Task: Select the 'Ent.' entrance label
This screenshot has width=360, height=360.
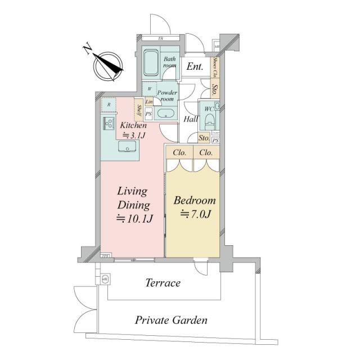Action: (x=195, y=66)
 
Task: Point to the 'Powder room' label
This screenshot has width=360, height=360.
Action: (x=167, y=96)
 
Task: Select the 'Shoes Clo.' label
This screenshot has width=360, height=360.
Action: (x=216, y=67)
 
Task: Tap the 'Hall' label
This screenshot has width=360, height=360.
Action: (x=191, y=119)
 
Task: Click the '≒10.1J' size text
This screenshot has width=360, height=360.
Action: (x=133, y=218)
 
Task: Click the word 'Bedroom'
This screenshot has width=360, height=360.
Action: (x=194, y=200)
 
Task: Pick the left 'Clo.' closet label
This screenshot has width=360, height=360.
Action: (x=180, y=152)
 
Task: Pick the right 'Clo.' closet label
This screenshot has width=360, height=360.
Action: (x=206, y=152)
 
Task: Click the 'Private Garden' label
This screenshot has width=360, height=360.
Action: (x=171, y=321)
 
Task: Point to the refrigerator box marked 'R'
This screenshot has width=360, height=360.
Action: (x=108, y=105)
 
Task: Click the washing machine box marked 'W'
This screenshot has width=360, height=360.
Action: (x=149, y=89)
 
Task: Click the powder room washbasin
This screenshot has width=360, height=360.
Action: (x=166, y=114)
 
